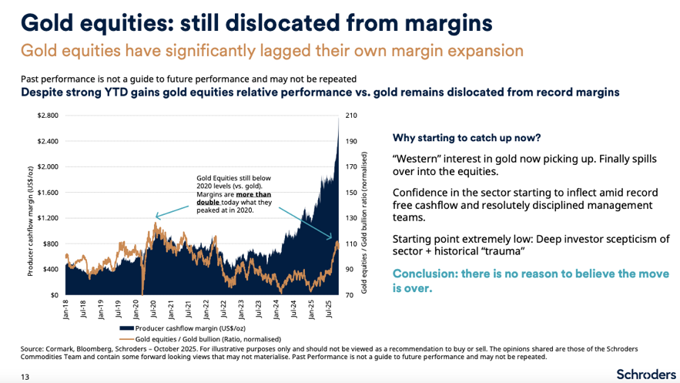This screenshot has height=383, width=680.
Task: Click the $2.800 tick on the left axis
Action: (x=48, y=116)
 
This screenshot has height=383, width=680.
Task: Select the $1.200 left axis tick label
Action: (x=48, y=218)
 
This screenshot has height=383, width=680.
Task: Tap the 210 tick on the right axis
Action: (x=350, y=116)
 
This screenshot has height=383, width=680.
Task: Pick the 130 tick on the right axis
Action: (x=350, y=218)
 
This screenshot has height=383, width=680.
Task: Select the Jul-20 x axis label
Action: (x=156, y=310)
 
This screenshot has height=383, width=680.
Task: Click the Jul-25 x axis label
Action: (x=329, y=310)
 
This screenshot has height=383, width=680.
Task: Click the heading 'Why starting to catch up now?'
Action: (x=467, y=139)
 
